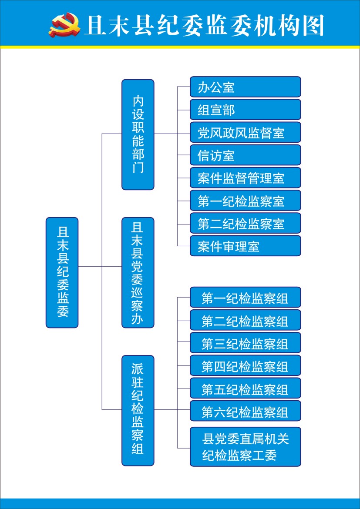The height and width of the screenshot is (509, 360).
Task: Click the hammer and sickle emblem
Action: point(65,25)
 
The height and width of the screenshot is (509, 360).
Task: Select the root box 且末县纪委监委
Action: point(62,272)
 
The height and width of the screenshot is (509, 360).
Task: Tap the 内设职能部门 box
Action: point(138,134)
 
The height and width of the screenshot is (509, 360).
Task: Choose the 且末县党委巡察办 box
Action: point(138,272)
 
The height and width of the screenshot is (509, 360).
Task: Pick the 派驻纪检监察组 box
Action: point(138,410)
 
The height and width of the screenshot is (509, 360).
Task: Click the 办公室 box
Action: point(246,87)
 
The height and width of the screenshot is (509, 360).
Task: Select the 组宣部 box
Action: point(246,109)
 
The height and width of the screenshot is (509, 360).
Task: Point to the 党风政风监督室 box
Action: point(246,132)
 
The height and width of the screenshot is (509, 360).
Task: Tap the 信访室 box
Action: point(246,155)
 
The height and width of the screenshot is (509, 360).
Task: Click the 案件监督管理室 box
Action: point(246,177)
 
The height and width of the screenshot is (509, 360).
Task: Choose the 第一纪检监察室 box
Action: point(246,200)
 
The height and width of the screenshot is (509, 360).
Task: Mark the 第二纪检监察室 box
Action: point(246,223)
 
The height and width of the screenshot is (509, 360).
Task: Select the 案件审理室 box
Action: point(246,246)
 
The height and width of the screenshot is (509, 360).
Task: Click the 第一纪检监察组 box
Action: point(246,297)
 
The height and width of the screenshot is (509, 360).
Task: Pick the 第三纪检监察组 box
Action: point(246,342)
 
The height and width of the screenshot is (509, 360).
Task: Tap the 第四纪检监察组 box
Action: point(246,365)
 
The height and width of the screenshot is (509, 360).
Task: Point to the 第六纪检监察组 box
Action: point(246,411)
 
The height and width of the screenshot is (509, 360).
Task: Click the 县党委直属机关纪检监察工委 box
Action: point(246,447)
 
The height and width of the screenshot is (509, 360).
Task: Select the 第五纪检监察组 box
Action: point(246,388)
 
